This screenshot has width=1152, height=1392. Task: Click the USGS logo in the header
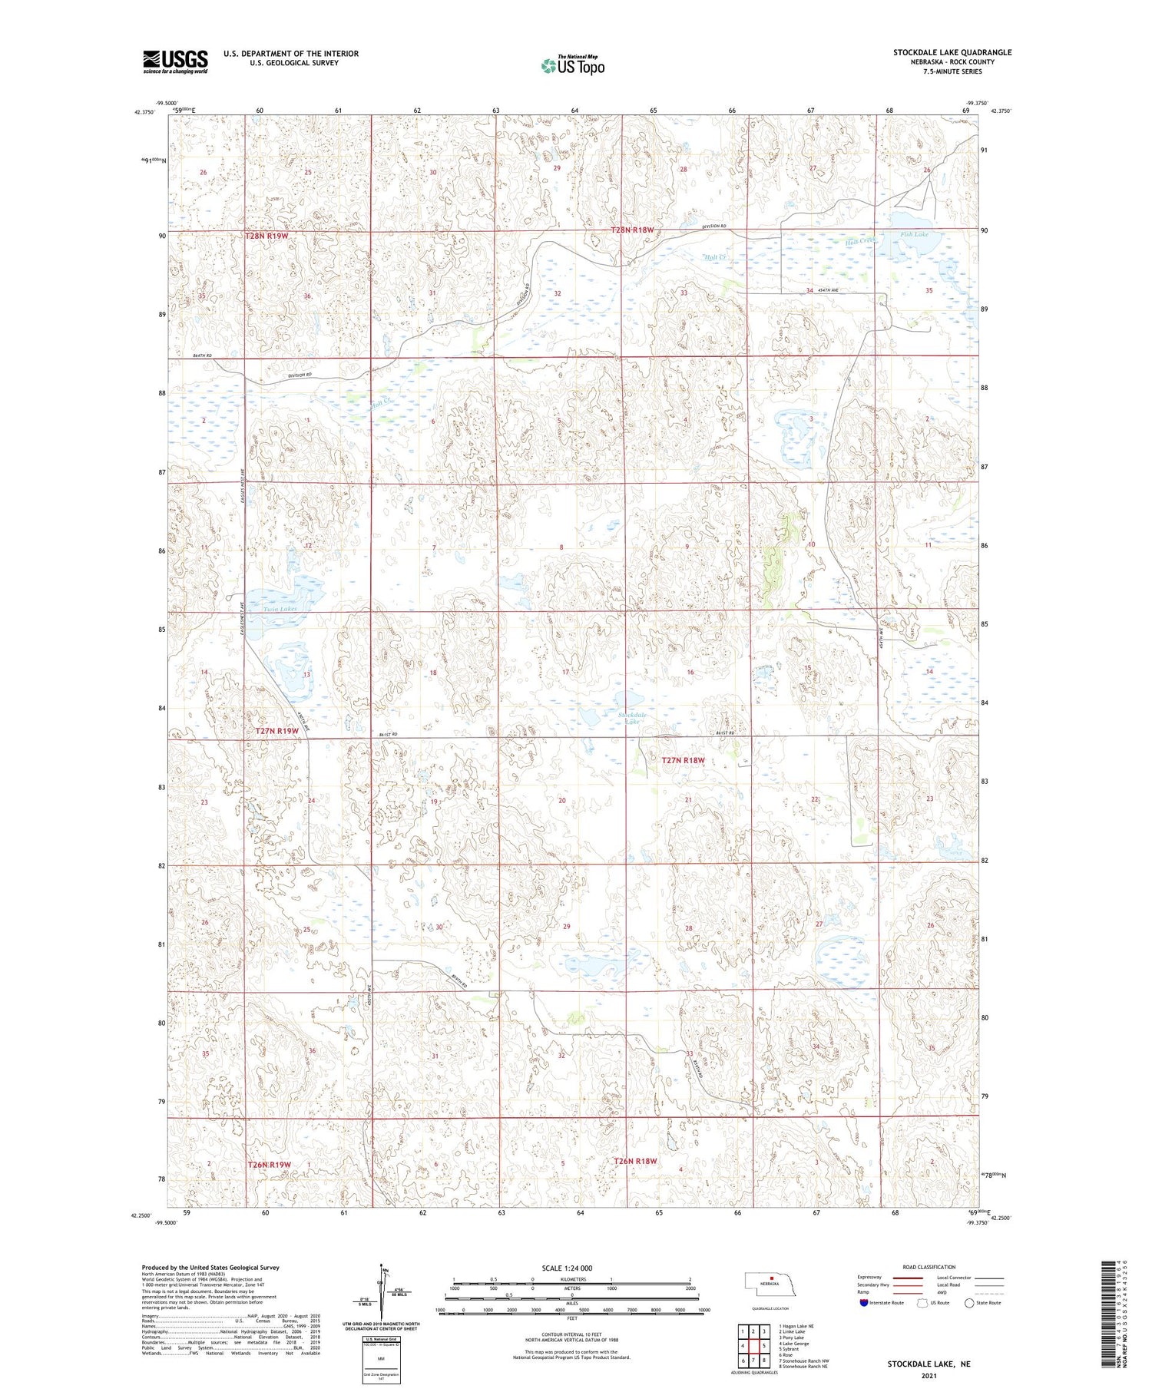[175, 61]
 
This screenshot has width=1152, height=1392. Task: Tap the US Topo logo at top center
[572, 66]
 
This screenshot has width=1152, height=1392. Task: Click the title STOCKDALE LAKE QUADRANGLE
[952, 52]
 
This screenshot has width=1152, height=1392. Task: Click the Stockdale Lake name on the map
[632, 718]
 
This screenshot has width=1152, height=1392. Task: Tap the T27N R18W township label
[683, 760]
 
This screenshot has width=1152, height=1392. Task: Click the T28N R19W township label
[266, 236]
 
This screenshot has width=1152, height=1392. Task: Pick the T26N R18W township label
[635, 1161]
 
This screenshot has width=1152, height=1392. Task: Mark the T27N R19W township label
[276, 731]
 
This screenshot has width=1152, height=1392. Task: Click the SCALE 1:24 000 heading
[571, 1268]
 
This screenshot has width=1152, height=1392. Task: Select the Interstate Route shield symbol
[863, 1303]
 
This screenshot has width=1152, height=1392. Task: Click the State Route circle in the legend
[969, 1303]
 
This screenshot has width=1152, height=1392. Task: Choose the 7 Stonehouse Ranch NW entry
[803, 1360]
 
